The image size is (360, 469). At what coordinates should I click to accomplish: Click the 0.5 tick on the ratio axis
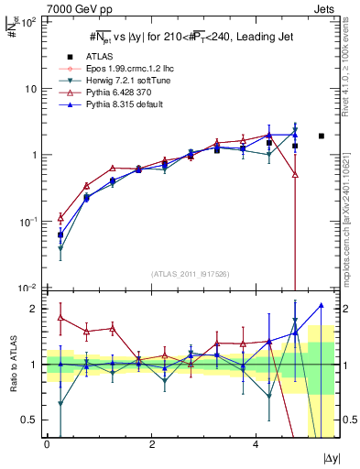(x=33, y=420)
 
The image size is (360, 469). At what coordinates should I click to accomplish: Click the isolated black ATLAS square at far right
(x=321, y=136)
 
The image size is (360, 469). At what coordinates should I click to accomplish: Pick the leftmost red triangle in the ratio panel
(x=60, y=317)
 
